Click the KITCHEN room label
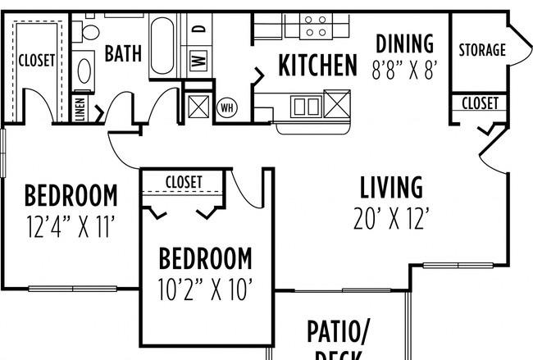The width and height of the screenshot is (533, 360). pos(317,65)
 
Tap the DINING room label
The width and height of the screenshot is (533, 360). pos(403,43)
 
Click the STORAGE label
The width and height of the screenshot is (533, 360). pos(481,50)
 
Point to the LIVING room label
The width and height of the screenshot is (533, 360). pos(391,188)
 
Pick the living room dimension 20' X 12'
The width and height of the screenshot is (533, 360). pos(391,218)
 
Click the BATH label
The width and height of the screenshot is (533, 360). pos(123,54)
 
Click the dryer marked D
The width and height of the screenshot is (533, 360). pos(198,30)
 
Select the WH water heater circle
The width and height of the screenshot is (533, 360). pos(227,107)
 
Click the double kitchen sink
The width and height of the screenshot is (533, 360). pos(307,105)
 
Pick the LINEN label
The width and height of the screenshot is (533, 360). pos(81,110)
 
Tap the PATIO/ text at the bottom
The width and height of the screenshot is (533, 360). pos(339,332)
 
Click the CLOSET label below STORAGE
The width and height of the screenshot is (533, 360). pos(480,103)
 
